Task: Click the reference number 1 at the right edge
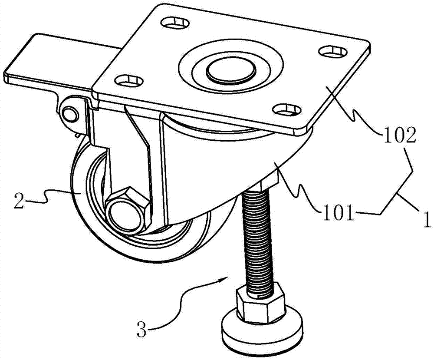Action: (x=426, y=220)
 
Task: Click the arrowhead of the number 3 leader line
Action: (x=225, y=277)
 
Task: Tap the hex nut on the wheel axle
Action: (x=129, y=208)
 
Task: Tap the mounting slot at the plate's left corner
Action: (x=129, y=81)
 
